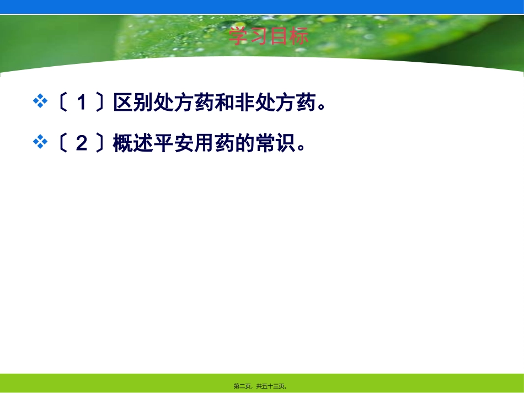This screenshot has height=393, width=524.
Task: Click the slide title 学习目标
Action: [x=268, y=37]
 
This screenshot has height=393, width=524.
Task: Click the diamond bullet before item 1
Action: [x=40, y=101]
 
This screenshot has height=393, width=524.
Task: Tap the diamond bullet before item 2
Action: [x=40, y=142]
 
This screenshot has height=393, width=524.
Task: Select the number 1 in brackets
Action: [x=81, y=103]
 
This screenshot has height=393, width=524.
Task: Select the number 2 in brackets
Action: [x=81, y=143]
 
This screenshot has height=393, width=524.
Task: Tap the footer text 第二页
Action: [x=243, y=386]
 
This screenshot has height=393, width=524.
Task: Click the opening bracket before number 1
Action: [x=62, y=103]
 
